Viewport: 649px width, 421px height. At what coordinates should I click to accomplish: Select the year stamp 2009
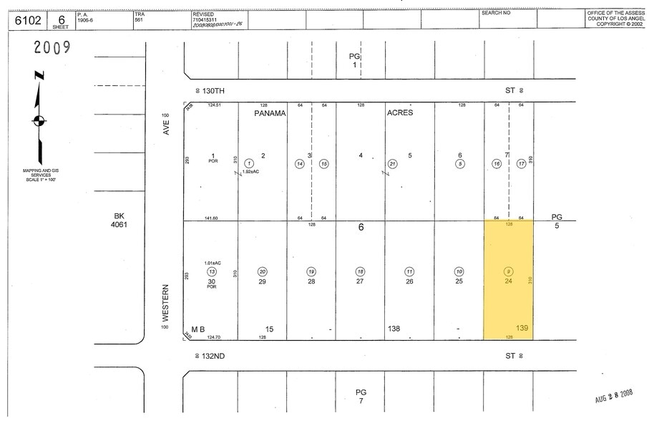pyautogui.click(x=52, y=49)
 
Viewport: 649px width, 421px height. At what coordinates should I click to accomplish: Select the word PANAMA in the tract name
pyautogui.click(x=270, y=113)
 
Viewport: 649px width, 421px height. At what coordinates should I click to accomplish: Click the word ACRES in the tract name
pyautogui.click(x=399, y=113)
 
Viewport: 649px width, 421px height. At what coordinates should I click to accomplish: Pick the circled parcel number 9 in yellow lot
pyautogui.click(x=508, y=271)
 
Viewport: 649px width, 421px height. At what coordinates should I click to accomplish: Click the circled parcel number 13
pyautogui.click(x=211, y=271)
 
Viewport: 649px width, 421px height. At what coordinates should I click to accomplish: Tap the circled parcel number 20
pyautogui.click(x=263, y=271)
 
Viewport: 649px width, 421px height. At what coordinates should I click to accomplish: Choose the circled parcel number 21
pyautogui.click(x=392, y=163)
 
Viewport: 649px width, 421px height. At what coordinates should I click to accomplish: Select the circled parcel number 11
pyautogui.click(x=409, y=271)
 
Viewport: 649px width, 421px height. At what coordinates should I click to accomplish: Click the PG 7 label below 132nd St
pyautogui.click(x=361, y=396)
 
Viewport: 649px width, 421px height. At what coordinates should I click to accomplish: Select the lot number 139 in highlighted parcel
pyautogui.click(x=524, y=329)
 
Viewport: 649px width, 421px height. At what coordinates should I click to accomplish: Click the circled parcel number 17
pyautogui.click(x=522, y=163)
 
